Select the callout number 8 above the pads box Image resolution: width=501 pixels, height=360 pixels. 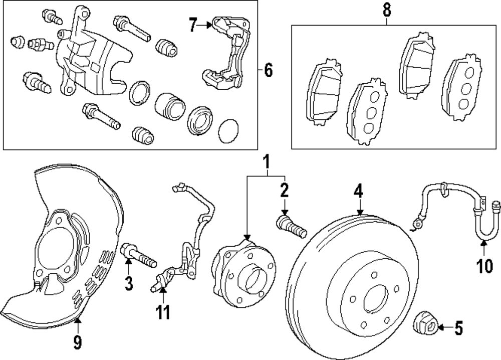click(386, 10)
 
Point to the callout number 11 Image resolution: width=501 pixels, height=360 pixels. click(162, 312)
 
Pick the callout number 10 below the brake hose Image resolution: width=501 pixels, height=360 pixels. click(484, 265)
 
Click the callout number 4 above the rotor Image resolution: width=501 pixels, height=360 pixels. click(359, 191)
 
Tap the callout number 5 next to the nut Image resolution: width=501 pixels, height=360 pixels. click(458, 329)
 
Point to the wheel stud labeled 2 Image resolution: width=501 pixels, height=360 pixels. click(291, 228)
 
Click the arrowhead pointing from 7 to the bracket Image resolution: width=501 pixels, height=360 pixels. click(210, 24)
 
